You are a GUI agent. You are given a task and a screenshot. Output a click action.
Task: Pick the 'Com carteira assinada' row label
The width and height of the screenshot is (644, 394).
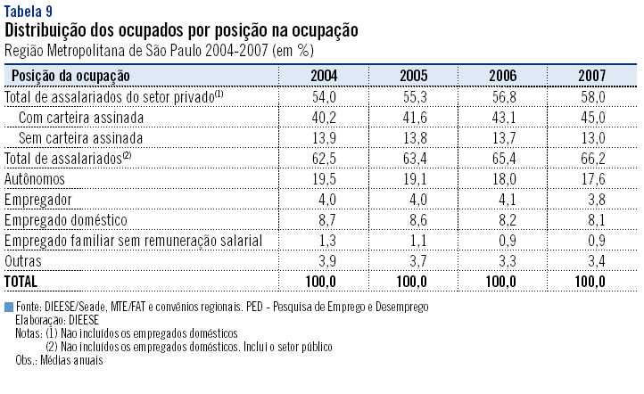coord(80,117)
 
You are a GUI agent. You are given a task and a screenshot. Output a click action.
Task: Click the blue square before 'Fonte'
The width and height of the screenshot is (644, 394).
coord(9,307)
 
